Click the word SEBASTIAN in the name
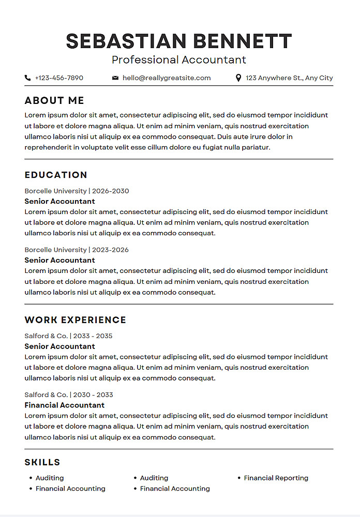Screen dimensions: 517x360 (x=126, y=41)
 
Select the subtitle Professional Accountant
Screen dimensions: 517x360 (x=179, y=60)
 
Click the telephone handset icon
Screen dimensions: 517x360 (x=27, y=78)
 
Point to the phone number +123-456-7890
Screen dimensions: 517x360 (x=59, y=78)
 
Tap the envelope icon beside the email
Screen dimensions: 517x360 (x=115, y=78)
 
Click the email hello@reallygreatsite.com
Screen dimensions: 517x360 (x=167, y=78)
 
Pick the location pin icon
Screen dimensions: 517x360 (x=238, y=78)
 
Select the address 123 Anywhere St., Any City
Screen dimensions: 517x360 (x=289, y=78)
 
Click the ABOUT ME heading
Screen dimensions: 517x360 (x=54, y=101)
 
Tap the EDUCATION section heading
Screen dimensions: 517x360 (x=56, y=175)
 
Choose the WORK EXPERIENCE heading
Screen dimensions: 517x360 (x=76, y=320)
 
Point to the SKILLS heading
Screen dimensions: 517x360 (x=42, y=462)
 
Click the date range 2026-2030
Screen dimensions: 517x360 (x=111, y=191)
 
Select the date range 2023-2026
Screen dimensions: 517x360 (x=111, y=250)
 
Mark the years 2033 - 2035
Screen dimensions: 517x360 (x=93, y=336)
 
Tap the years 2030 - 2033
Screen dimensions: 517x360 (x=93, y=395)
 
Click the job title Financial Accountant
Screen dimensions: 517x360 (x=65, y=405)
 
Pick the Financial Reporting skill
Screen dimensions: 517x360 (x=276, y=478)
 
